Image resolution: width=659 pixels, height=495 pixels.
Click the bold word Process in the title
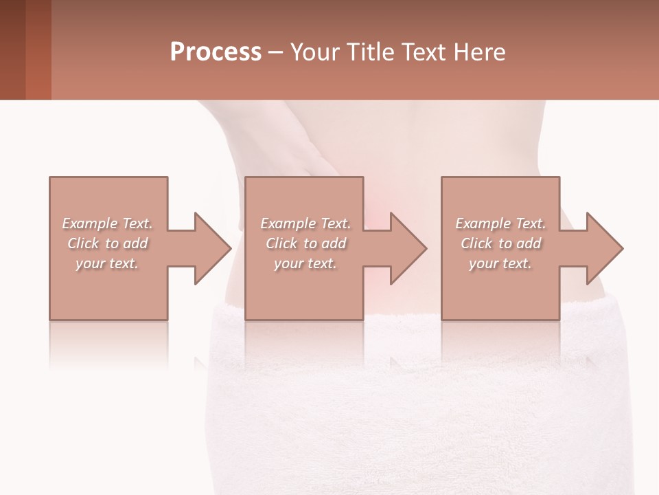click(216, 52)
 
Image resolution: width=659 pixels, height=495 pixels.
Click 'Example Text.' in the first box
click(107, 223)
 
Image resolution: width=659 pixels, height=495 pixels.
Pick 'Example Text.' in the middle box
click(305, 223)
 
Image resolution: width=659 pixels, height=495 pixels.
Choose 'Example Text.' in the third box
click(500, 223)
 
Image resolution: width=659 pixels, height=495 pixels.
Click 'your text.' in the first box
click(107, 263)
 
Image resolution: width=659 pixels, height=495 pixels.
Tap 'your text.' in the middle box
click(305, 263)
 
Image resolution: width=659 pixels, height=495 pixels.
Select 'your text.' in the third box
click(500, 263)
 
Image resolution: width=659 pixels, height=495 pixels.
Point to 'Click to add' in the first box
click(107, 243)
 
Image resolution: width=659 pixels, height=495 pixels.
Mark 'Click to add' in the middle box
click(305, 243)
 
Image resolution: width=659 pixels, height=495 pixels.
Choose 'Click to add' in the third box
click(500, 243)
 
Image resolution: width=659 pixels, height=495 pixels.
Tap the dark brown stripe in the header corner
click(12, 49)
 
